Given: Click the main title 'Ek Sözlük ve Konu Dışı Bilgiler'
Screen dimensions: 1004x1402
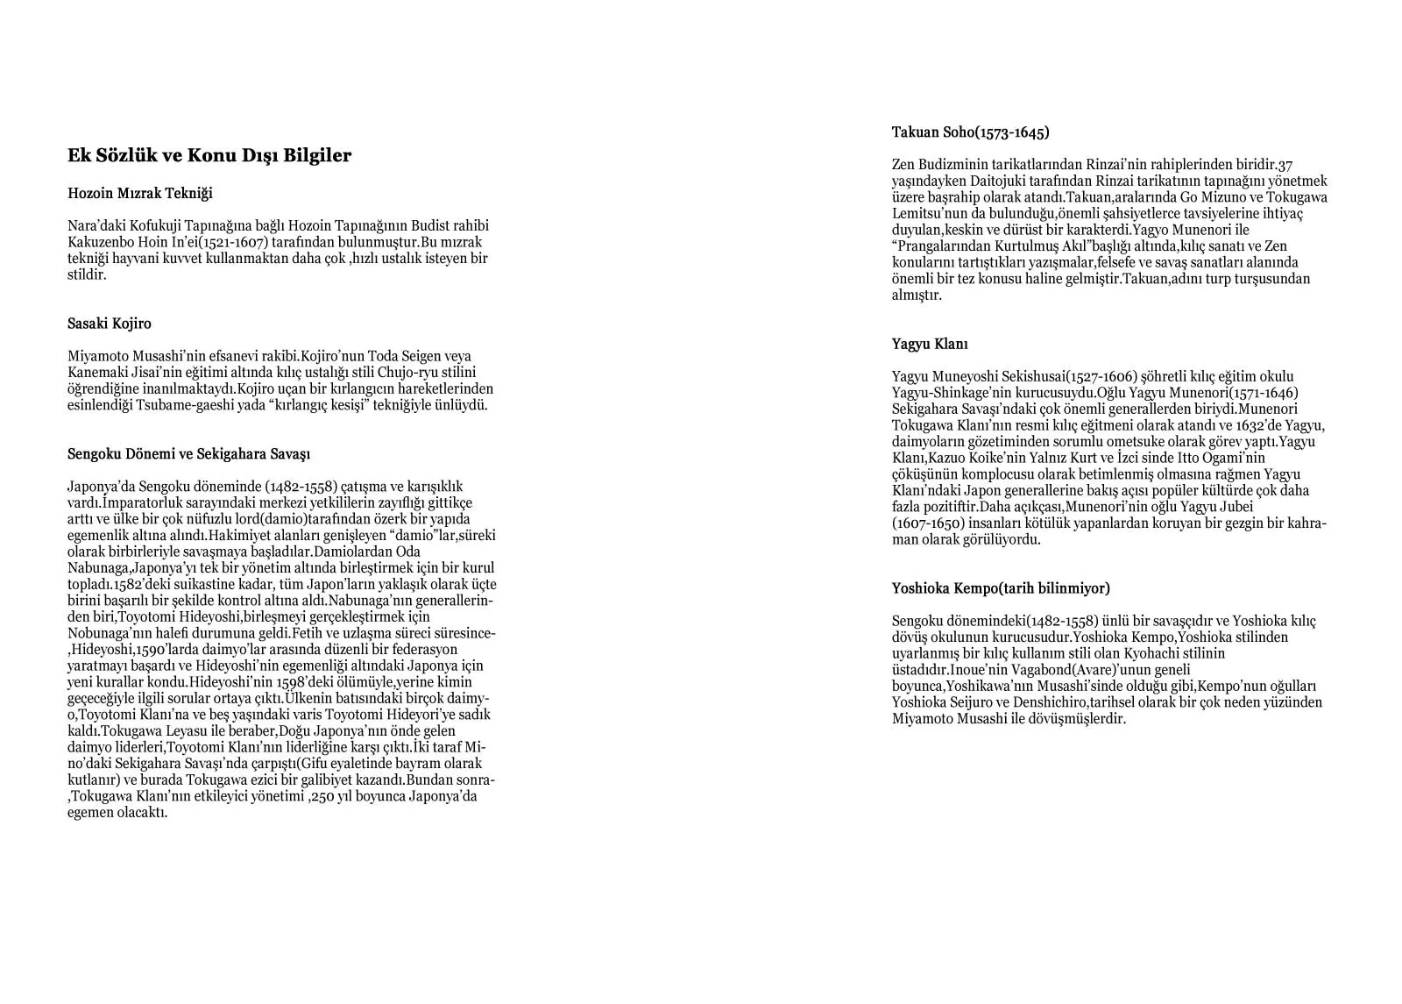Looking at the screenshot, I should [x=209, y=156].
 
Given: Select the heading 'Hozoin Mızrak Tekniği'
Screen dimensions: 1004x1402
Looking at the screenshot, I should [x=140, y=193].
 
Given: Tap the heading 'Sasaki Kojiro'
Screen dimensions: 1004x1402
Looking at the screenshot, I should [x=110, y=324].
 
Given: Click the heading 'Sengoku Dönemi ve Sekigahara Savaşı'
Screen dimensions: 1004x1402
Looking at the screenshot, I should [x=188, y=454].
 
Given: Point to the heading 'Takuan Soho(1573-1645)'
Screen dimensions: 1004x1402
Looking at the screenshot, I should [x=970, y=132].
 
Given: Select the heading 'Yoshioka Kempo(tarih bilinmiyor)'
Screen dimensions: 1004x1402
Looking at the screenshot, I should [x=1001, y=588].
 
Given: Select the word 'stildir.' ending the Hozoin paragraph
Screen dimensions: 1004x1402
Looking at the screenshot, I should [x=87, y=274].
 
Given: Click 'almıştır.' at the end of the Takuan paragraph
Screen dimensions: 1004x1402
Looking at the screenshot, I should [x=917, y=296].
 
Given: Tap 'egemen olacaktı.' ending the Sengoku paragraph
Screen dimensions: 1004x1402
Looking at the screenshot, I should [x=117, y=813].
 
